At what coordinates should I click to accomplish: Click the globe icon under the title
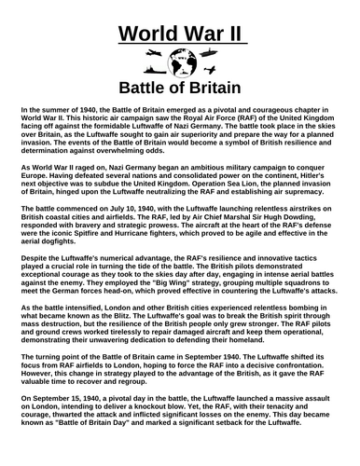click(x=179, y=65)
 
